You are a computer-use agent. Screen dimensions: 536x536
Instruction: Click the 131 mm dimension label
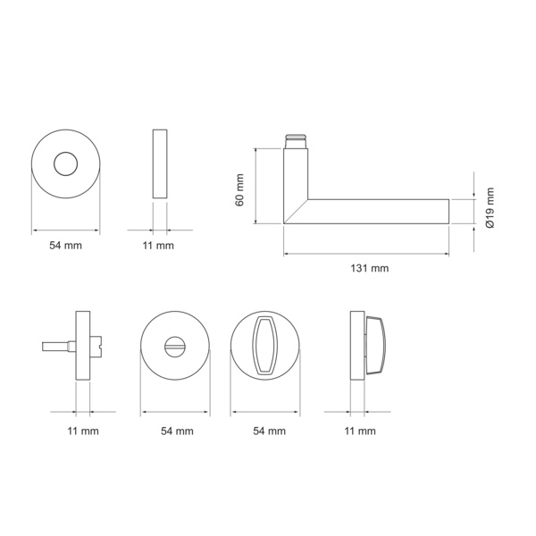(x=370, y=268)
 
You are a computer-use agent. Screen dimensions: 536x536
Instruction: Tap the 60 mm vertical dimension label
(x=239, y=190)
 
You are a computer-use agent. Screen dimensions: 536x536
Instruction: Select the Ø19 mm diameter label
(x=490, y=208)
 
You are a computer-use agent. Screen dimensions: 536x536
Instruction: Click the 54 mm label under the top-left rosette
(x=65, y=246)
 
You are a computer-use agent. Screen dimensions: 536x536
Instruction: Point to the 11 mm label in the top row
(x=158, y=246)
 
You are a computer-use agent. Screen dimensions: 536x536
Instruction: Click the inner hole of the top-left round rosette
(x=65, y=163)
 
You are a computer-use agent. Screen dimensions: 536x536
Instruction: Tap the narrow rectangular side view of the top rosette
(x=160, y=163)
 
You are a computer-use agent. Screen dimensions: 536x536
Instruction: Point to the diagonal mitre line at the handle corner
(x=296, y=212)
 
